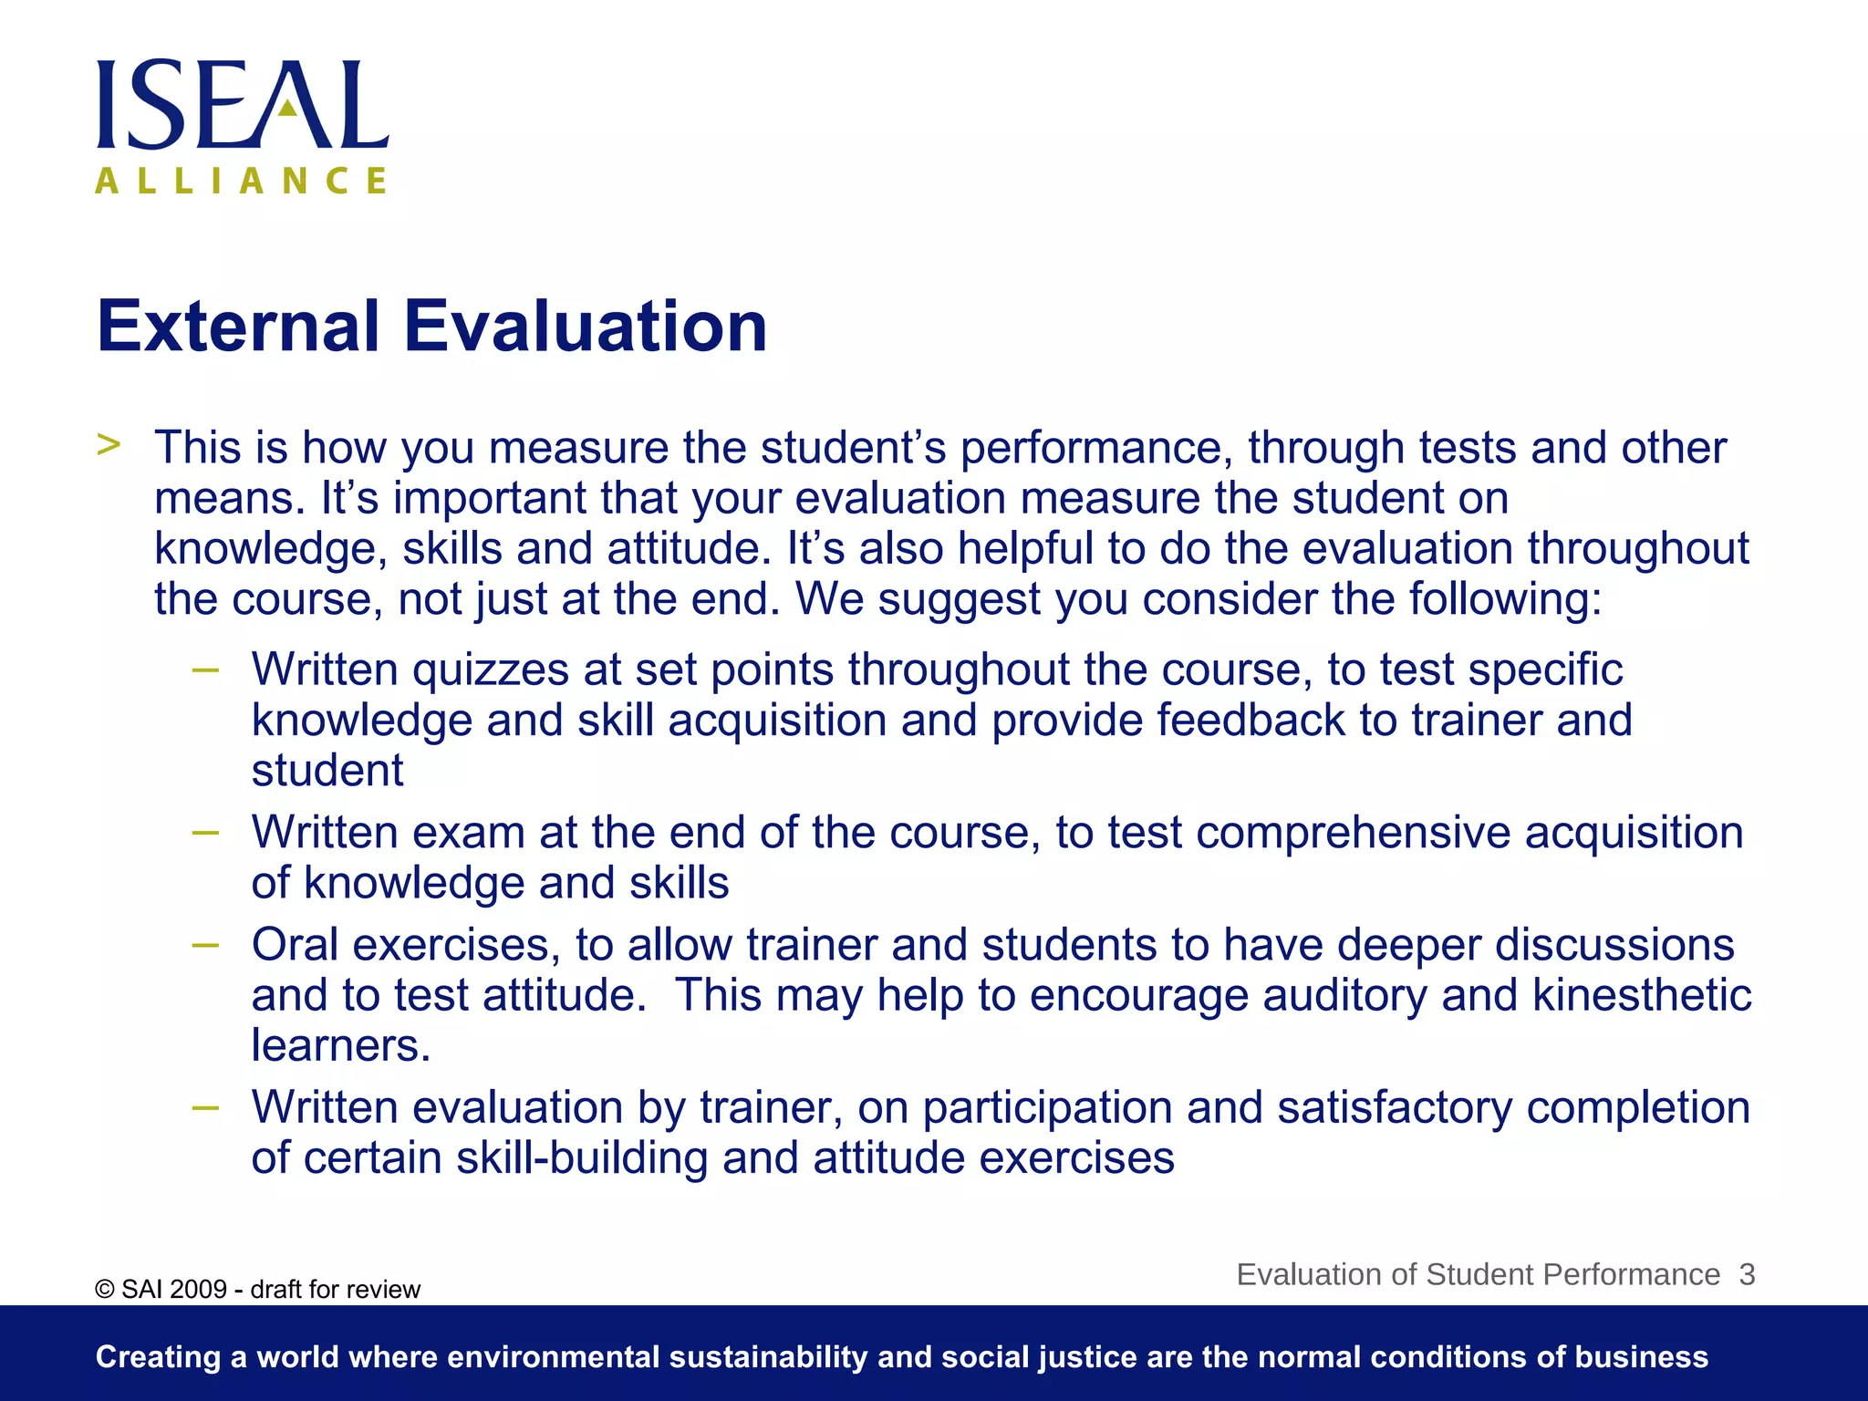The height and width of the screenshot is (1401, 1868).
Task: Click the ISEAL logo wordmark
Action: click(x=243, y=105)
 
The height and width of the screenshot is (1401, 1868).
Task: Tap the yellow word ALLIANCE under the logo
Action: click(x=241, y=181)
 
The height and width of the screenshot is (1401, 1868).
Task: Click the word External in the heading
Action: click(x=238, y=327)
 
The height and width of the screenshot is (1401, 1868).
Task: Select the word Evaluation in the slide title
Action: click(x=585, y=327)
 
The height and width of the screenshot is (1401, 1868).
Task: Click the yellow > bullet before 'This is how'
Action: click(x=109, y=445)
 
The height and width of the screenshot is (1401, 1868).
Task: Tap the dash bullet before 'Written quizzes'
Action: click(x=206, y=670)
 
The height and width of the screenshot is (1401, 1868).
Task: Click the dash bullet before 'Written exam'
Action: click(x=206, y=833)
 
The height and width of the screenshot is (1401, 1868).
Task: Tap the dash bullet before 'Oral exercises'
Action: click(x=206, y=945)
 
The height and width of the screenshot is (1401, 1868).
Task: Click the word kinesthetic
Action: click(x=1642, y=995)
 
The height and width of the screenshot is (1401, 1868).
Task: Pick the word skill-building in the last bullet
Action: click(x=582, y=1158)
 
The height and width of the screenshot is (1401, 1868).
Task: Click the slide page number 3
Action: click(x=1747, y=1274)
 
